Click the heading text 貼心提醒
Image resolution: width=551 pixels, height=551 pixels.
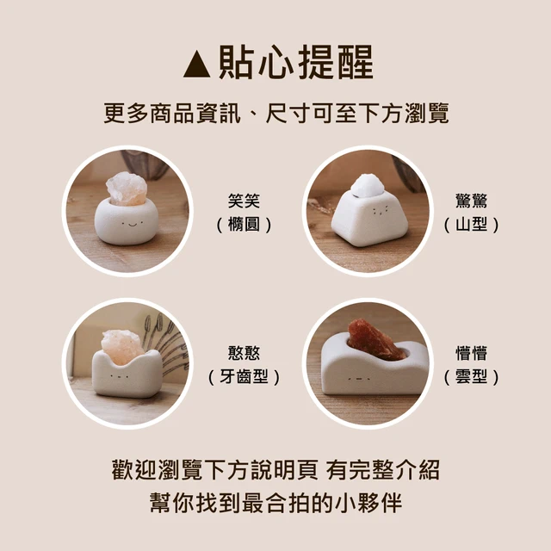[296, 63]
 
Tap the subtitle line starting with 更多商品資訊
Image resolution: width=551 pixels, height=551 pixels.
[276, 113]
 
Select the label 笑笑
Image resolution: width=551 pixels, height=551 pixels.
[244, 201]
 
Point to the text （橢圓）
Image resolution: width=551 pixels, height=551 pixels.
[244, 225]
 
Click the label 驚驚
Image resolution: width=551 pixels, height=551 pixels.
[471, 201]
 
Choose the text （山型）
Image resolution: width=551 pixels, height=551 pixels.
[471, 225]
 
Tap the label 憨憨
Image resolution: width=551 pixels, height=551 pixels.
[244, 353]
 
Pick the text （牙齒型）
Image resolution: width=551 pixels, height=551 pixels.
[244, 377]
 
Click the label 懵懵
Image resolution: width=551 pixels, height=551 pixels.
[471, 353]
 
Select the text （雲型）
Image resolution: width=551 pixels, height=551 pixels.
[471, 377]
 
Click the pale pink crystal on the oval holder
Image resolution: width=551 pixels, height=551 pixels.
[127, 189]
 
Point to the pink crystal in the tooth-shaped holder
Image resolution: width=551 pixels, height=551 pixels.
[121, 347]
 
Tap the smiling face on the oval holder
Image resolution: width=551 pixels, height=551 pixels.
[132, 224]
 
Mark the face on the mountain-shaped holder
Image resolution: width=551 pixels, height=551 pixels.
[380, 210]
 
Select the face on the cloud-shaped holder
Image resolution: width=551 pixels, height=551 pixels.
[359, 379]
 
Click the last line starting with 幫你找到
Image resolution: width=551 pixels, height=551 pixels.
[276, 503]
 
